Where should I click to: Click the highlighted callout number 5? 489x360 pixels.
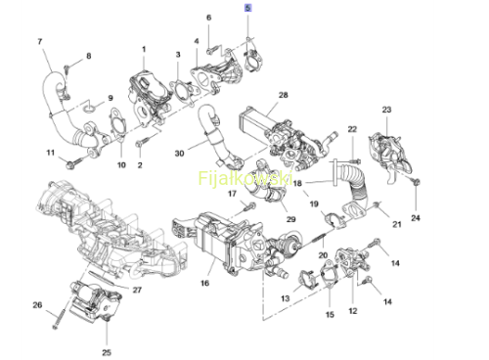coord(247,8)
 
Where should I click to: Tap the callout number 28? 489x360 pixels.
coord(284,95)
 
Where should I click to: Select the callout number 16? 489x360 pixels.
coord(204,283)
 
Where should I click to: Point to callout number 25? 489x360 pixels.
coord(107,352)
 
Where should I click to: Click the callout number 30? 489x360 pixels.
coord(179,153)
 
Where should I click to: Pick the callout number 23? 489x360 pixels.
coord(386,110)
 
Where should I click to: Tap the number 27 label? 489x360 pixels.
coord(137,290)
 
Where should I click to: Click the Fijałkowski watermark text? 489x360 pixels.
coord(244,178)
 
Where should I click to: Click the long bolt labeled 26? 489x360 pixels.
coord(59,317)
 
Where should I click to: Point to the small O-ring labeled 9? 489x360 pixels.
coord(89,108)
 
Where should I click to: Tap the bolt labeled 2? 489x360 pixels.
coord(142,142)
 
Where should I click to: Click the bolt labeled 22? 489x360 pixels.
coord(355,160)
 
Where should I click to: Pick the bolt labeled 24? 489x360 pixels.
coord(416,182)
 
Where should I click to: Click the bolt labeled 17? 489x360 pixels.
coord(249,206)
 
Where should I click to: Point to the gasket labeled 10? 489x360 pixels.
coord(118,123)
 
